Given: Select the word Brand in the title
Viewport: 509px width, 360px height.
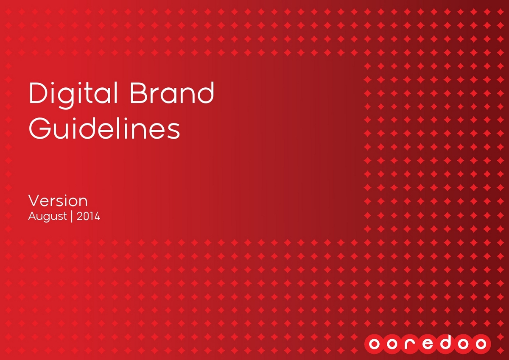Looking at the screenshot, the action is click(x=172, y=93).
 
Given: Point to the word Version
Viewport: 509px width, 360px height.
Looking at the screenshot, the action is click(x=58, y=201).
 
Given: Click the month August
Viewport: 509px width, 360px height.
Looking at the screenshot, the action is click(x=48, y=216).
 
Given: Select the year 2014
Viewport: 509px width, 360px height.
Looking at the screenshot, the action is click(x=88, y=216).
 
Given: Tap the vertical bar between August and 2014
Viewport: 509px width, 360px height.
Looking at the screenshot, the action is click(x=72, y=217).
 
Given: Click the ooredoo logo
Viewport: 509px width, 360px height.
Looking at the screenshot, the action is click(x=428, y=344).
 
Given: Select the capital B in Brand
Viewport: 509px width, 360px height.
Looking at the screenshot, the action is click(x=139, y=93).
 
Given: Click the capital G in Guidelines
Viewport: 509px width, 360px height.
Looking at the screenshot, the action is click(x=40, y=128).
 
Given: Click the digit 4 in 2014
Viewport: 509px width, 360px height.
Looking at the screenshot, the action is click(x=97, y=216).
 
